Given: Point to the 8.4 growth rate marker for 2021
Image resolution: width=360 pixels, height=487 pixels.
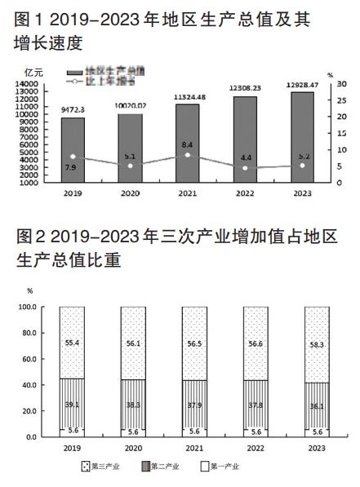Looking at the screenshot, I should point(188,155).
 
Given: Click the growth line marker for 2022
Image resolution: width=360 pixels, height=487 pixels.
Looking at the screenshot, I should point(245,168).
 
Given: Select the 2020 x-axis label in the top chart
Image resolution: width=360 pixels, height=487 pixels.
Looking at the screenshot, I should point(130,194).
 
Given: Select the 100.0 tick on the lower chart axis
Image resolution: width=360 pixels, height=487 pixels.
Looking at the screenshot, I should point(27,307).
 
